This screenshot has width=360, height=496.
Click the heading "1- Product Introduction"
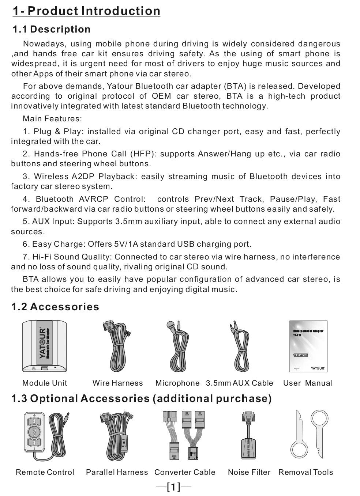(86, 11)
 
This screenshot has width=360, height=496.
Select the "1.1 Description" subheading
(52, 29)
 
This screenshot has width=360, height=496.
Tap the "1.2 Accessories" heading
(55, 307)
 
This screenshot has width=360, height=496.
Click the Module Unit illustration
(44, 346)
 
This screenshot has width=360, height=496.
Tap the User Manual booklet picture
(308, 346)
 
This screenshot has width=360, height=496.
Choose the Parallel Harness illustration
(116, 435)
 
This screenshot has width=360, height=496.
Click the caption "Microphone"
(177, 383)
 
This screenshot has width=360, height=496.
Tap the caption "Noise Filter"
(249, 472)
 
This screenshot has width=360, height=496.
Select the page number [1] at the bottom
(173, 486)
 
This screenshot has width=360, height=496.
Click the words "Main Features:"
(52, 119)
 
